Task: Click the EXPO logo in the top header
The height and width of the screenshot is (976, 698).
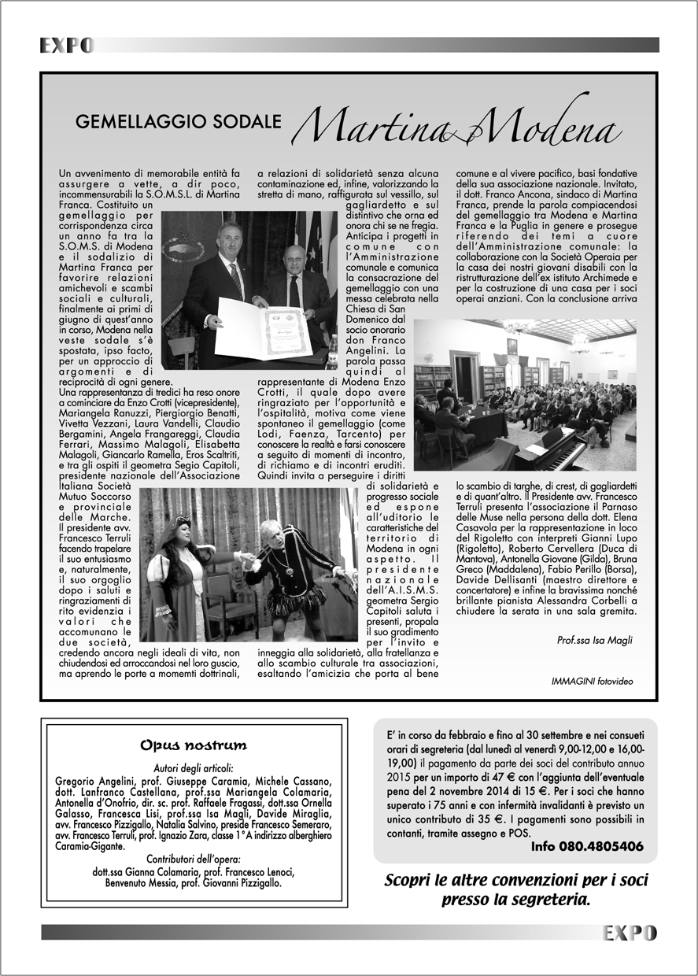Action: click(67, 46)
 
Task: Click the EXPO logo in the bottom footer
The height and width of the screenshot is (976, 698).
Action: click(630, 933)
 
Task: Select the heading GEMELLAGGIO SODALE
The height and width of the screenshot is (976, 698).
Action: click(179, 122)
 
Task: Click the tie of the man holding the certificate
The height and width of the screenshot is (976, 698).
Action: click(235, 279)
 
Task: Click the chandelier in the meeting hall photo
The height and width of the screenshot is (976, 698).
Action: click(519, 326)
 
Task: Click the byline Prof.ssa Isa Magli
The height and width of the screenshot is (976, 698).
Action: click(594, 640)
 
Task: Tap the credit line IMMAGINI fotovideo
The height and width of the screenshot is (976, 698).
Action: click(592, 681)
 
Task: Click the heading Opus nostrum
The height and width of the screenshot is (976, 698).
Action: click(193, 745)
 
